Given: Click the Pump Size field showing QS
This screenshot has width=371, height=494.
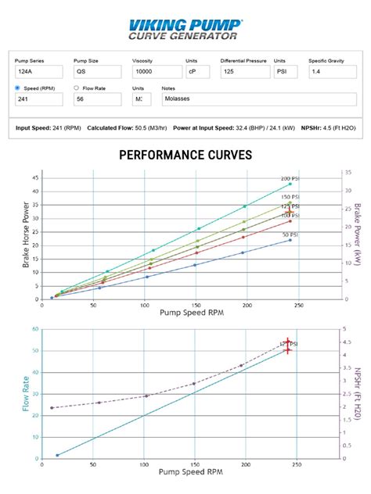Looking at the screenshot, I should point(97,71).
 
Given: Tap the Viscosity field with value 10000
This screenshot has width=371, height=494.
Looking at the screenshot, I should point(156,71).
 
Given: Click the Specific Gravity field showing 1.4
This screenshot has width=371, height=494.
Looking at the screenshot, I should point(333,71).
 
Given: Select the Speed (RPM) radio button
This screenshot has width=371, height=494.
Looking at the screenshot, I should point(18,88).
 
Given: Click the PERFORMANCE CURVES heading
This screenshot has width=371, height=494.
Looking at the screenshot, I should point(185,156).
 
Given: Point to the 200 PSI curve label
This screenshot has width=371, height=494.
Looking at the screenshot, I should point(291,177).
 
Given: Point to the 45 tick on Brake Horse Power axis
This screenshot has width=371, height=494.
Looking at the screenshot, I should point(34,178).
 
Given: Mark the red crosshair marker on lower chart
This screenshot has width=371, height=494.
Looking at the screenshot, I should point(287,346).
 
